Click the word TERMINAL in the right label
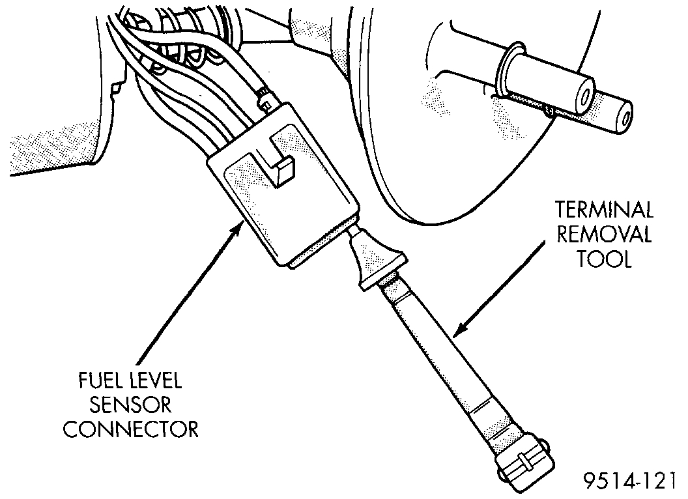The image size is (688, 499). tap(603, 210)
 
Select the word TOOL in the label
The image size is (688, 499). tap(604, 259)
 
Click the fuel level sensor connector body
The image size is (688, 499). tap(280, 202)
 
